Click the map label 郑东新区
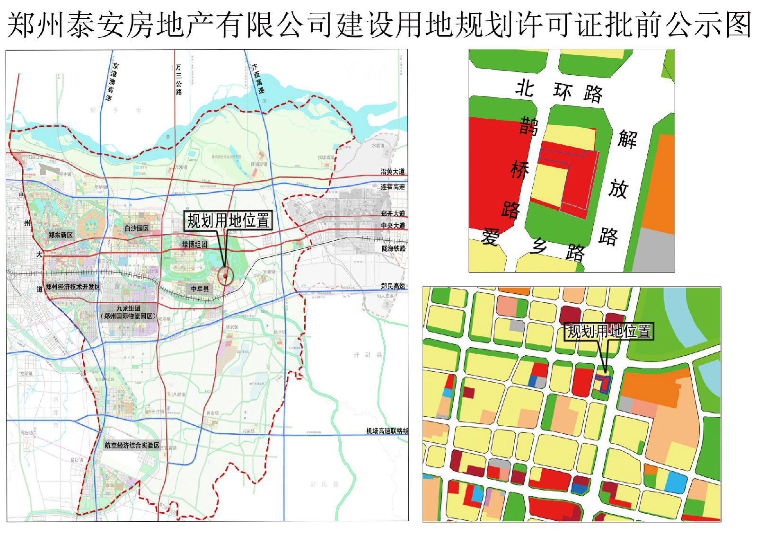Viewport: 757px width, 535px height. (61, 235)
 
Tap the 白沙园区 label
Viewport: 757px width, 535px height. (136, 228)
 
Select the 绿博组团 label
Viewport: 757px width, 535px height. (195, 245)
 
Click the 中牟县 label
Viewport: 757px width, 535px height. (200, 289)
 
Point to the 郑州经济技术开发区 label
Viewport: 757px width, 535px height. (73, 287)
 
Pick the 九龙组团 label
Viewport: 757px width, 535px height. (128, 308)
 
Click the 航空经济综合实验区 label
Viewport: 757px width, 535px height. (132, 445)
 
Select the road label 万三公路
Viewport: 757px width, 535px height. (178, 79)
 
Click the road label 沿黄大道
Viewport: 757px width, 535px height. (393, 172)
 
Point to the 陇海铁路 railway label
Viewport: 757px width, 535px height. (393, 248)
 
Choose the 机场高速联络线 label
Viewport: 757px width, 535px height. (387, 431)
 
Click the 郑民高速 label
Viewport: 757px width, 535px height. (393, 286)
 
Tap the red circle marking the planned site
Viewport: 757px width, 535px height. (226, 276)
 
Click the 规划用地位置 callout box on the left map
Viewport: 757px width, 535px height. (228, 221)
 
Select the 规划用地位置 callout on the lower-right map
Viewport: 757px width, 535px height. (609, 331)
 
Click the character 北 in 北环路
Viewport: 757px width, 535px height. (525, 88)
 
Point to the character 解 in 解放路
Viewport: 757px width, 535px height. (627, 139)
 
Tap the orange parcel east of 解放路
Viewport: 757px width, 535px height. (659, 184)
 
